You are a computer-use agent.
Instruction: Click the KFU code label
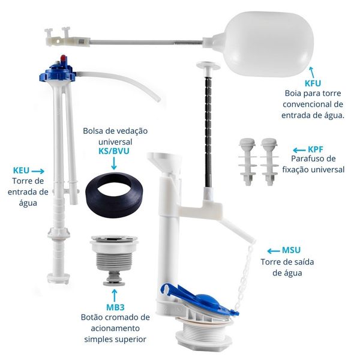313,83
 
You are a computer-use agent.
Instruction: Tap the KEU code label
21,170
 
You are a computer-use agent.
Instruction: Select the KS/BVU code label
114,151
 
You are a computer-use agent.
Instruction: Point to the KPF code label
316,149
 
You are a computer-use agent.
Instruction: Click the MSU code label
292,250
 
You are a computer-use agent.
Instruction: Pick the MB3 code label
115,307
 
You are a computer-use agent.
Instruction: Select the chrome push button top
114,239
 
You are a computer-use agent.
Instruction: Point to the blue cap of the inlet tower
58,72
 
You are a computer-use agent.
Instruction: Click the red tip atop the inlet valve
62,58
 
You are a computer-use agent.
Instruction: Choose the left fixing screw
247,161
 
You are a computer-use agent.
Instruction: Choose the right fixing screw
269,161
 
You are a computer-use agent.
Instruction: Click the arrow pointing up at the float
312,73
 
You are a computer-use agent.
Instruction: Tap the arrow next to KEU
38,171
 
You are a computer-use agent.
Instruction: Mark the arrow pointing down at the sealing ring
114,163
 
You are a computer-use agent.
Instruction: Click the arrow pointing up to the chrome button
115,295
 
